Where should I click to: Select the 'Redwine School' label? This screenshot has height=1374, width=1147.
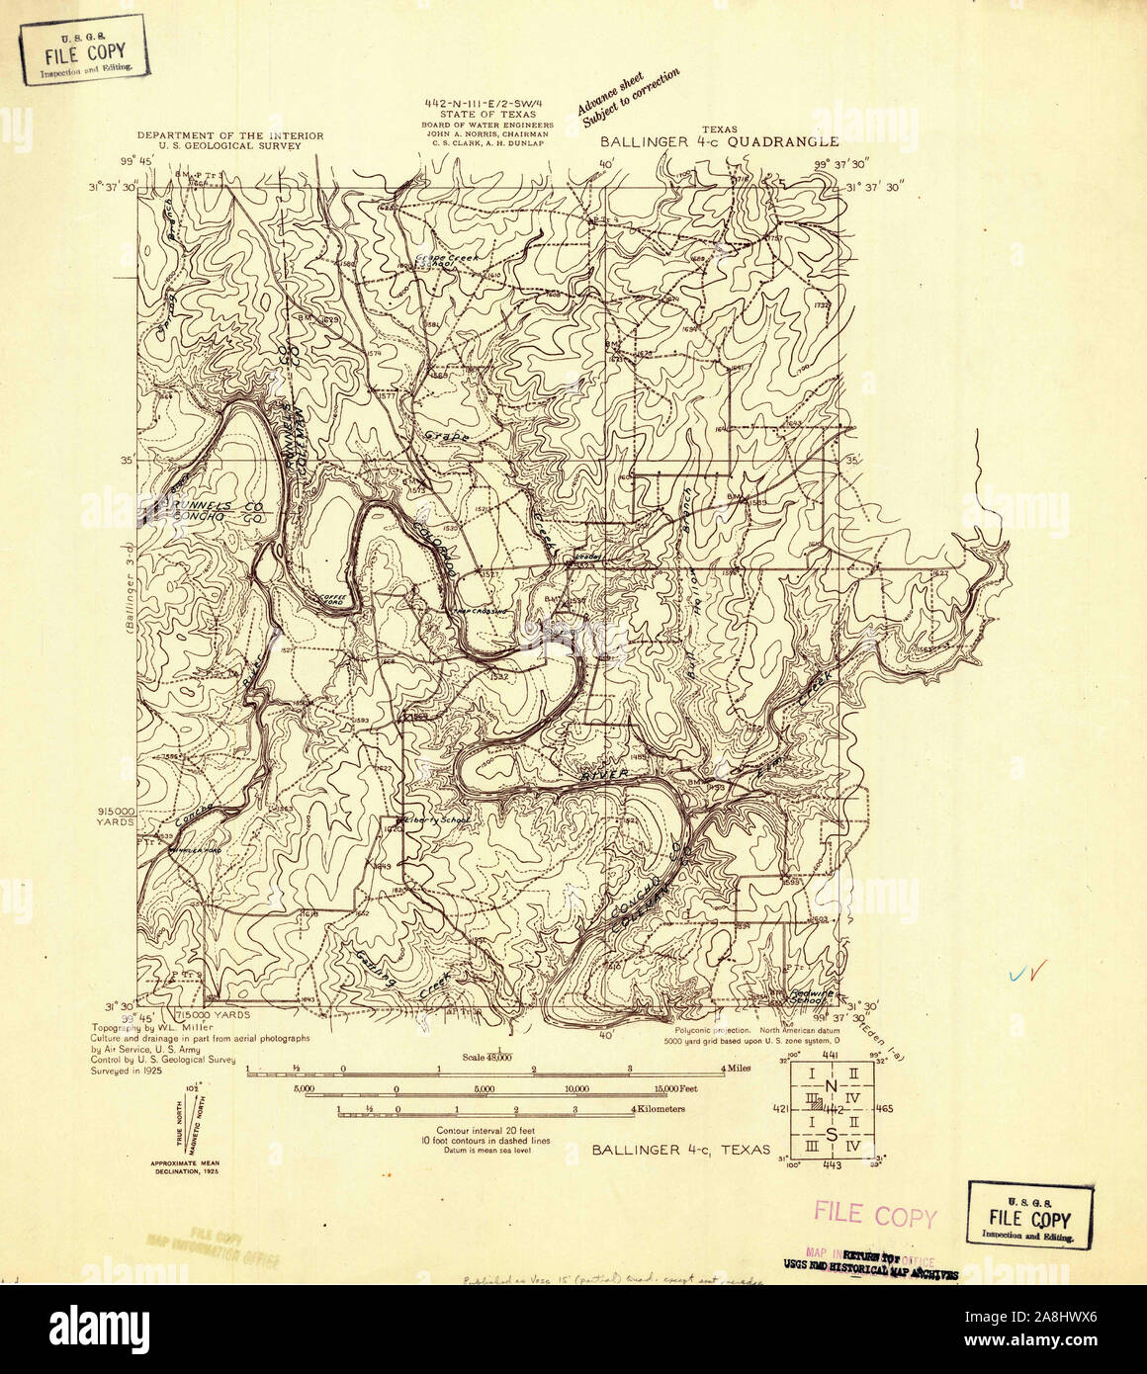pos(818,996)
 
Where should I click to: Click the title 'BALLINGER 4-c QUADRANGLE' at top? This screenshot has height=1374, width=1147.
pos(720,141)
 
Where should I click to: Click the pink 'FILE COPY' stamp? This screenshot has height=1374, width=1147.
pos(874,1215)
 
